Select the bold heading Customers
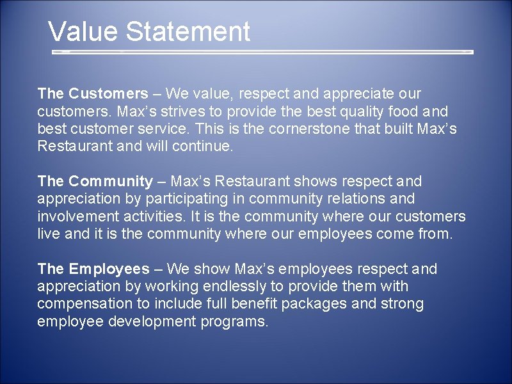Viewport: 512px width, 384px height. (x=108, y=93)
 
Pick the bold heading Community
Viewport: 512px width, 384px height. (x=111, y=182)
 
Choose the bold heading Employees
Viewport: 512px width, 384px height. (x=109, y=269)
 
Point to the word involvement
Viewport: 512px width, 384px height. (x=76, y=216)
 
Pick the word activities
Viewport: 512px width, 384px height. (x=145, y=216)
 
